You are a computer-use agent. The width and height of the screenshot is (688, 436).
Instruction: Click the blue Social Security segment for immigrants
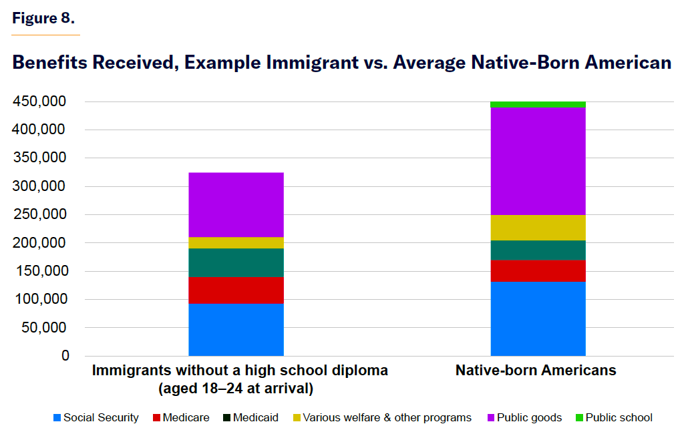236,330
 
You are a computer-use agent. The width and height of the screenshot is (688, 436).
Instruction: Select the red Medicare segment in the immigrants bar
236,290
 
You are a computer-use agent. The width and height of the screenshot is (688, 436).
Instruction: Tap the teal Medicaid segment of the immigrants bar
236,262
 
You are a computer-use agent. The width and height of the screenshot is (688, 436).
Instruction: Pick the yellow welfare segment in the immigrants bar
236,242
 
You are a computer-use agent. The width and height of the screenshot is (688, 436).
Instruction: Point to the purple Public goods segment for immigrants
236,204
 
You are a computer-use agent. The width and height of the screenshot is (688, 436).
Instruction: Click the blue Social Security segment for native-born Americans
538,318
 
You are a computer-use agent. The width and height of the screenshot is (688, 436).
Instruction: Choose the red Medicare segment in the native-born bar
538,270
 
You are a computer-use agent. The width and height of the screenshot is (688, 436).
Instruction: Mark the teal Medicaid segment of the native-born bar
538,250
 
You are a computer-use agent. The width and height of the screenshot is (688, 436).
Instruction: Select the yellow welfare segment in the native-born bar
538,227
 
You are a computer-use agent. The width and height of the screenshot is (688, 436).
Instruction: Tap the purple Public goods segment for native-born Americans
538,160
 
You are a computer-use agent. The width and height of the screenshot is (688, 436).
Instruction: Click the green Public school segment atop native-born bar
538,104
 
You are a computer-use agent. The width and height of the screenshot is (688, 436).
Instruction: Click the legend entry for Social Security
96,418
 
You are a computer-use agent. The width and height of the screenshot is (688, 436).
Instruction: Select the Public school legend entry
613,418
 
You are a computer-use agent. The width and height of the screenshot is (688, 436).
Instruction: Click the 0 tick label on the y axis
65,356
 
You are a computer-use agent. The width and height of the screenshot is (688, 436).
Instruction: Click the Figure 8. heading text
43,18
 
